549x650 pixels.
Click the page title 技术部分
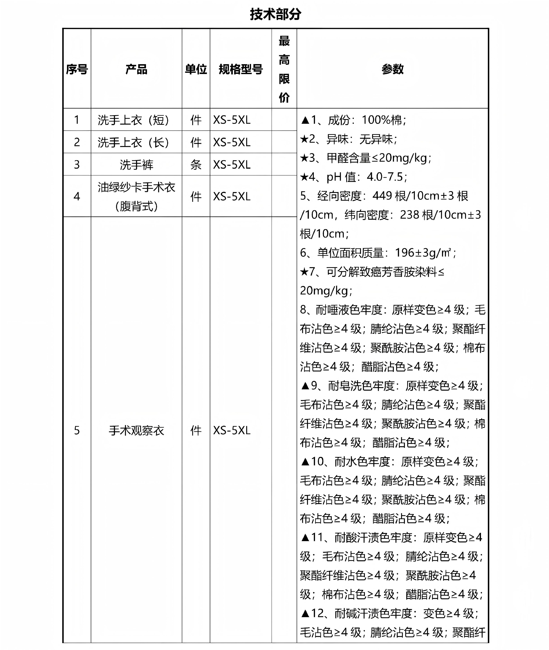coord(275,14)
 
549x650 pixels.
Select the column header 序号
coord(77,69)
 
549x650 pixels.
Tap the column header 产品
coord(136,69)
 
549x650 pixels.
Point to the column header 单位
coord(196,69)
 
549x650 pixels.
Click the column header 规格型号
coord(241,69)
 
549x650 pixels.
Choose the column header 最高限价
coord(284,69)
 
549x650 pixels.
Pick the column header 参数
coord(393,69)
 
